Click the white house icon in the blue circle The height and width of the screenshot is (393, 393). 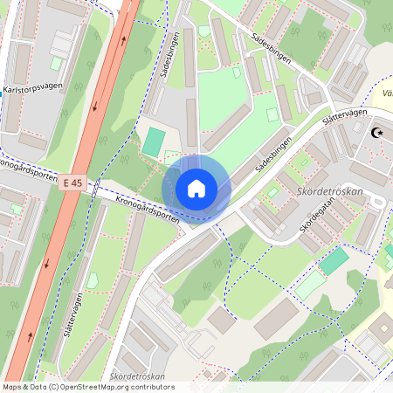pyautogui.click(x=196, y=188)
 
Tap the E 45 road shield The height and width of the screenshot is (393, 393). pyautogui.click(x=72, y=183)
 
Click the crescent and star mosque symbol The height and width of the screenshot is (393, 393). pyautogui.click(x=377, y=134)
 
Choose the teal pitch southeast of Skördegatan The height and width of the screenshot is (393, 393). pyautogui.click(x=334, y=260)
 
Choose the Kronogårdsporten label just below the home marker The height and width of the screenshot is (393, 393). pyautogui.click(x=146, y=210)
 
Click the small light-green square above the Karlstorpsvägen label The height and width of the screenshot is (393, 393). pyautogui.click(x=56, y=63)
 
